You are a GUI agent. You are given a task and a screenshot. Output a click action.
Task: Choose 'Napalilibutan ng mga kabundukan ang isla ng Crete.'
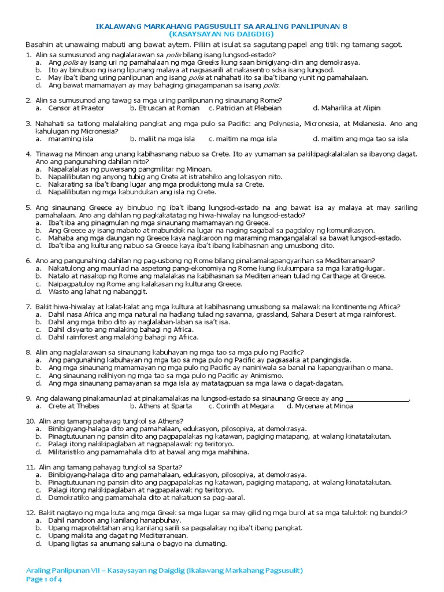pyautogui.click(x=132, y=192)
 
